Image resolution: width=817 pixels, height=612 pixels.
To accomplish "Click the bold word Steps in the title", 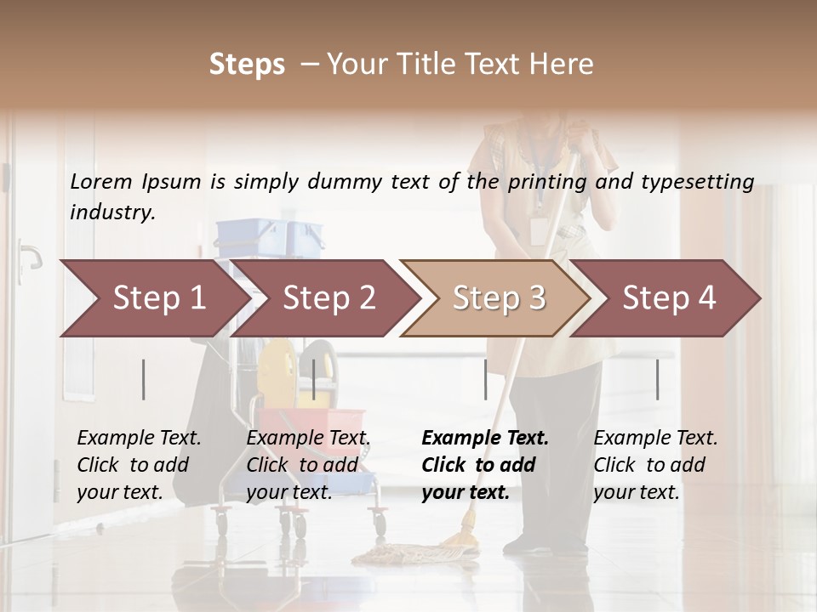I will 247,65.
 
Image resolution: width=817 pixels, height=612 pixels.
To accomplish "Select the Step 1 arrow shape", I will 153,297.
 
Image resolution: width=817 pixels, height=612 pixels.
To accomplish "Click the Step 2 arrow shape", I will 328,297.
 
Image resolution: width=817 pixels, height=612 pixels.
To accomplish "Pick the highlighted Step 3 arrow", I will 498,297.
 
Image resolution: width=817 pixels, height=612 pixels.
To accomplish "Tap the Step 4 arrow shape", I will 669,297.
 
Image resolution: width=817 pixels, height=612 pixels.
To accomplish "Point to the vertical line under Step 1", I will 144,379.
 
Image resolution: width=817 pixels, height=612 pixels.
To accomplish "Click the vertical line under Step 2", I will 314,379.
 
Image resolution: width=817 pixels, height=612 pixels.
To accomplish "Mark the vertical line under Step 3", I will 486,379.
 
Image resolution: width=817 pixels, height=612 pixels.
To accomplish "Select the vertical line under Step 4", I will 658,379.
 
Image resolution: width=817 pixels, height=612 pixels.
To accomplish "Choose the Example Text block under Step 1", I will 139,465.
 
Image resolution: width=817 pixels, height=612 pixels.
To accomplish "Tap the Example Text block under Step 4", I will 655,465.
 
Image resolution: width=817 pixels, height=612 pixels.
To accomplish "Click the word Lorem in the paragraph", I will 100,181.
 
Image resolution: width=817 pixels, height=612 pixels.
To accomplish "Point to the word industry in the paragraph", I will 112,212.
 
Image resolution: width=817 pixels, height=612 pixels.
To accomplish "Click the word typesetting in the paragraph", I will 696,182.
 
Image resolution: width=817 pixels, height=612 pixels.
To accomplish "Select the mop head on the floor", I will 400,554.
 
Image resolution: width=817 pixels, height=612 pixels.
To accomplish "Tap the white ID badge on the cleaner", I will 538,230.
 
